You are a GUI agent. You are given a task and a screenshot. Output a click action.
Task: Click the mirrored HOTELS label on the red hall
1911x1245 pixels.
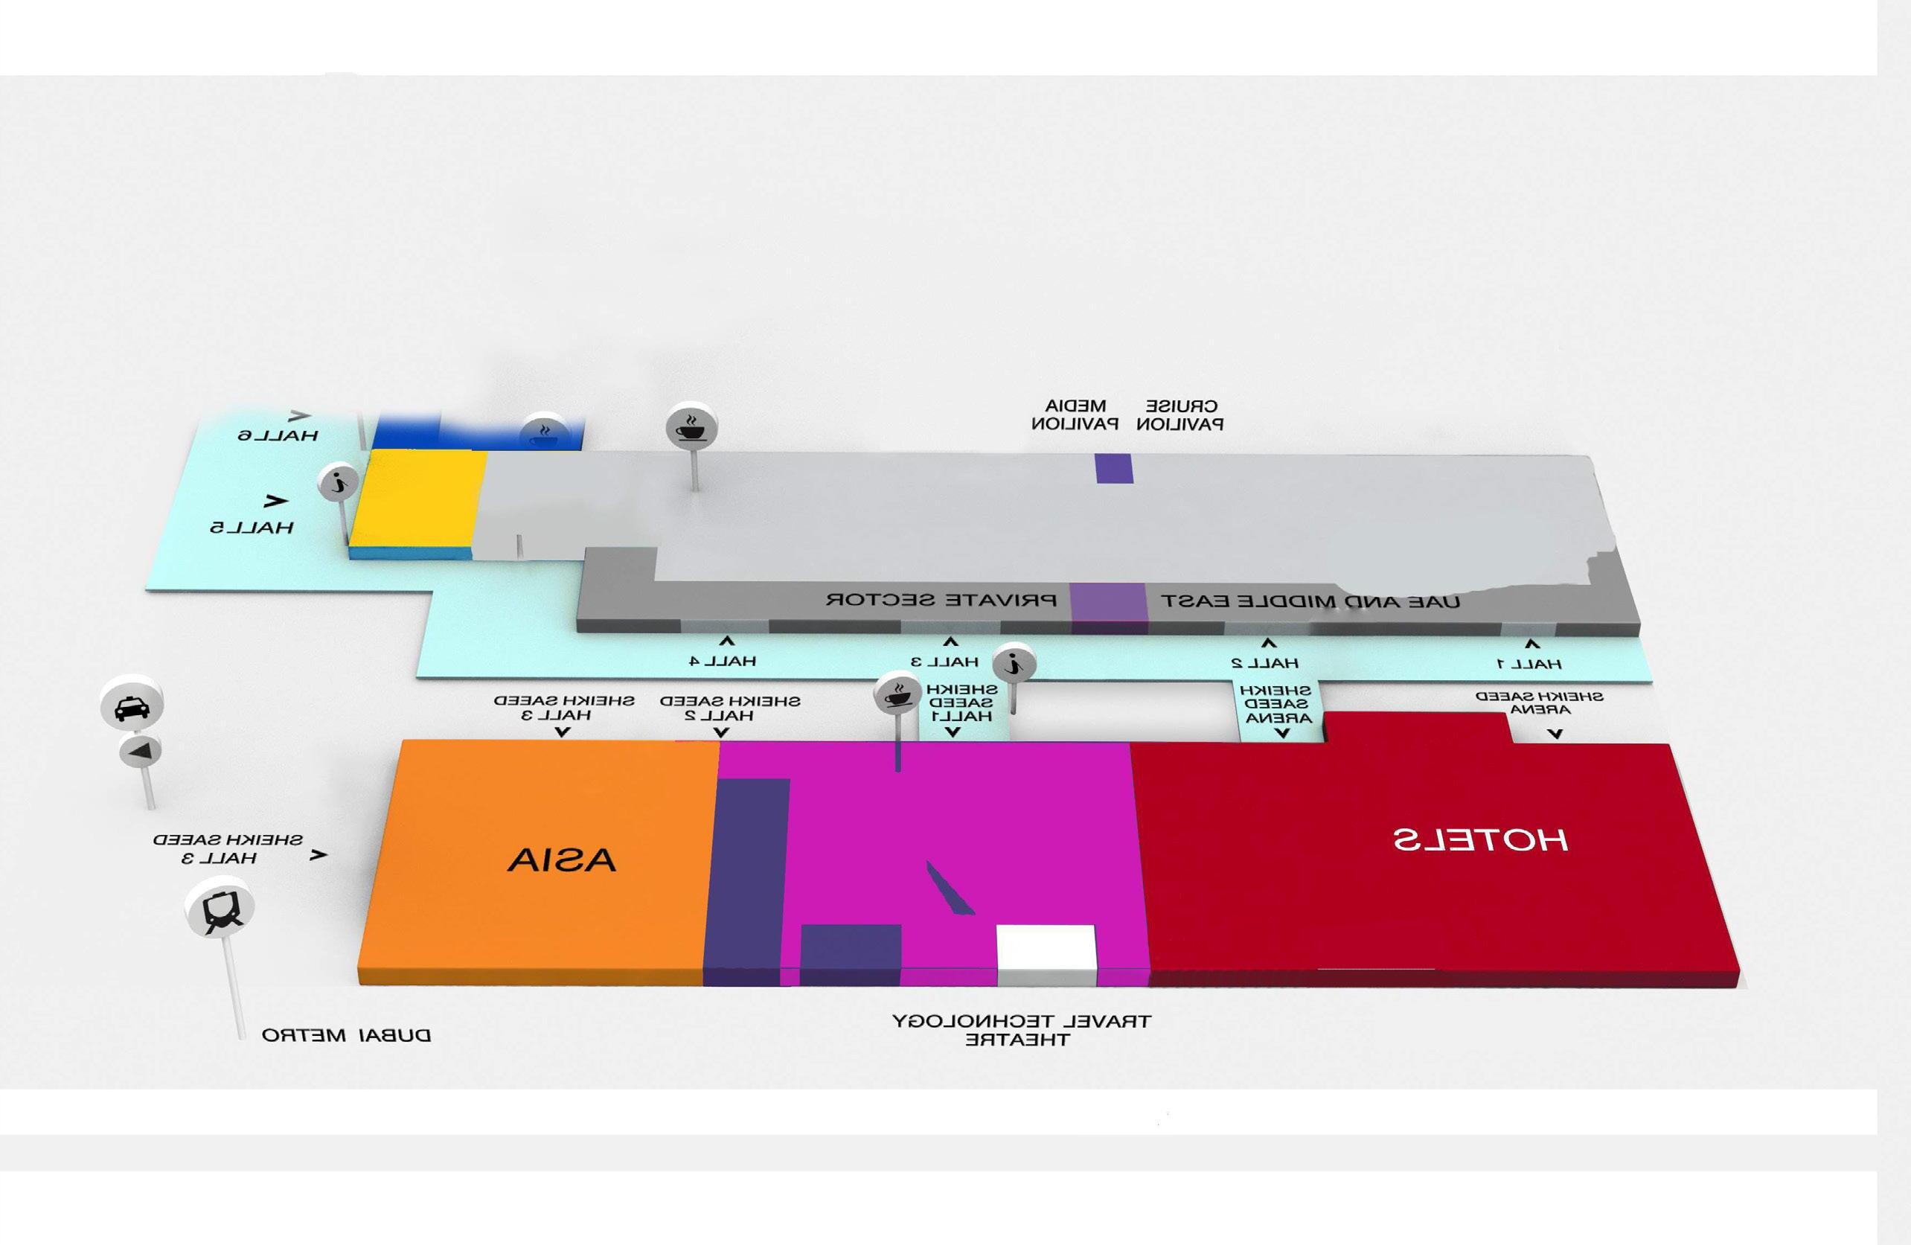(1479, 839)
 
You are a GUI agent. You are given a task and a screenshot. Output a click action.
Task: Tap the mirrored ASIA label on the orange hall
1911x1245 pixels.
(561, 860)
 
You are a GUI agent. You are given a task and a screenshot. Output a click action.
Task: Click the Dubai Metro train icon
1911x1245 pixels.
(220, 910)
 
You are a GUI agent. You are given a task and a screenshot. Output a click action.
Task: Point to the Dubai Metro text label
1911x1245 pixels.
(346, 1035)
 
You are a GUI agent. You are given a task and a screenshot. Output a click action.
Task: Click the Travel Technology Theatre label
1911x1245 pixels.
(1020, 1031)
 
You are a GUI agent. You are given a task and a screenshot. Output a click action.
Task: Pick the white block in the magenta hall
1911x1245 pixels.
(1046, 947)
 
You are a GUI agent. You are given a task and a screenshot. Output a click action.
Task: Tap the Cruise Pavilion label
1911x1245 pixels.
(1179, 415)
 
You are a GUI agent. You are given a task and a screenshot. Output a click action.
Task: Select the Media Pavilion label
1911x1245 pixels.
(1075, 415)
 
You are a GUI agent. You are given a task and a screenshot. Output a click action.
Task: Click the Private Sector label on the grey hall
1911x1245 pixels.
(941, 600)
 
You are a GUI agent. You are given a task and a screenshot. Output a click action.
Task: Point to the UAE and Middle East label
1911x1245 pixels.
(1310, 601)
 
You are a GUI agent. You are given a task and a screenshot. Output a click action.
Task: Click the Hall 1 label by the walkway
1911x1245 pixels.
(1529, 663)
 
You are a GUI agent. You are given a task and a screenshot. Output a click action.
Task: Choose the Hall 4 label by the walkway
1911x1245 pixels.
(723, 661)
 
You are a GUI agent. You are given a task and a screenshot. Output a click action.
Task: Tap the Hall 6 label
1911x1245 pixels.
(278, 435)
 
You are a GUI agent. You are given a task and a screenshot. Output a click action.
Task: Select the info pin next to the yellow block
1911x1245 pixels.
(339, 483)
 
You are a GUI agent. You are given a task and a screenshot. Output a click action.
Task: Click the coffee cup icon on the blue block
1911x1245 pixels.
(542, 435)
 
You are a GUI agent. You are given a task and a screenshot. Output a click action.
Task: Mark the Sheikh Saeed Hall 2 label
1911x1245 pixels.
(730, 708)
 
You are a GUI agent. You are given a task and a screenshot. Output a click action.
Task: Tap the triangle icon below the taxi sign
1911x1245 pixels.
(141, 752)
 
